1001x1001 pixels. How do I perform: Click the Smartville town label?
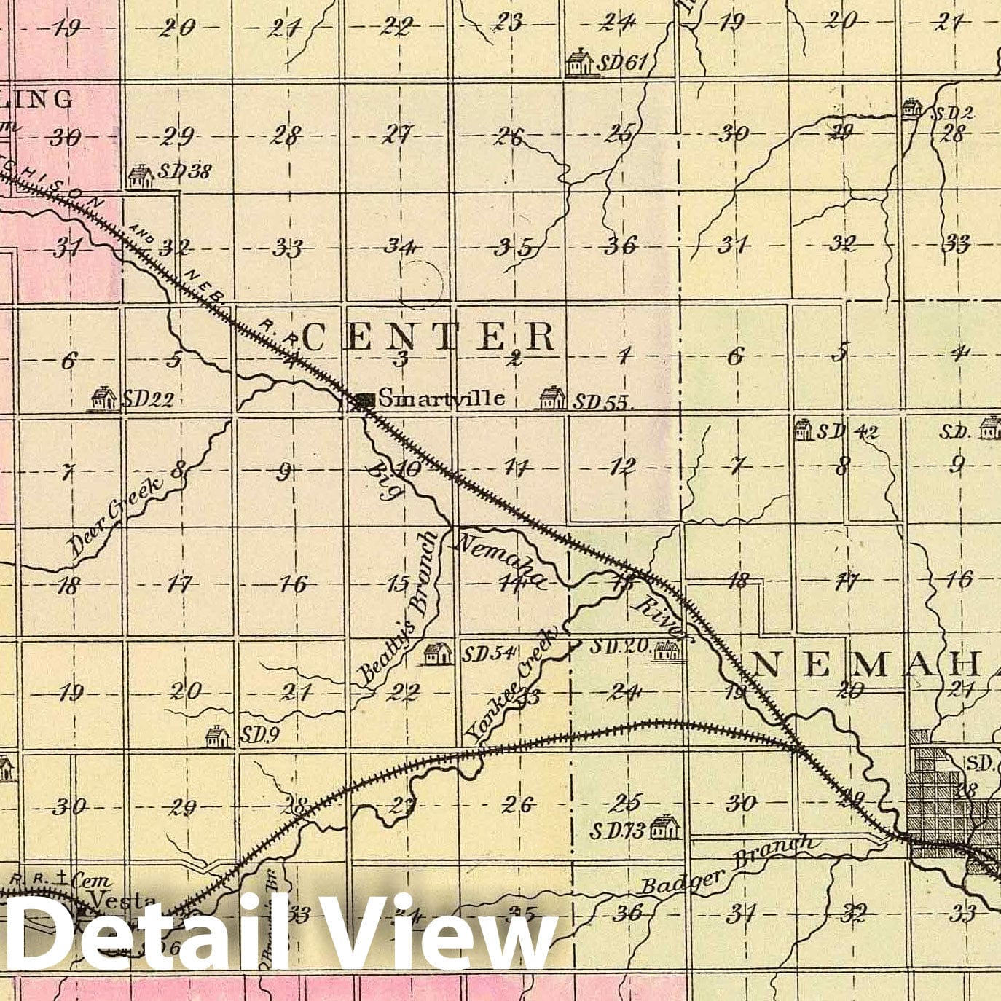(x=441, y=399)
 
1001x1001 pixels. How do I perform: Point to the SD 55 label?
(x=600, y=401)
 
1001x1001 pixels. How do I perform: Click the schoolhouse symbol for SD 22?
(x=104, y=399)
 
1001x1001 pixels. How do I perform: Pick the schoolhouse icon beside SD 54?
(x=438, y=653)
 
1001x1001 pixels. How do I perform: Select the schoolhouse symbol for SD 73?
(x=664, y=827)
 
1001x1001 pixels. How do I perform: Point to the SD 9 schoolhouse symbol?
(x=217, y=737)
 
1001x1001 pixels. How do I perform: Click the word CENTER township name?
(x=429, y=337)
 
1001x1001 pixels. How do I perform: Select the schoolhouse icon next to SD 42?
(x=803, y=429)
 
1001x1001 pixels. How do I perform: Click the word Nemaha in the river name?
(x=502, y=560)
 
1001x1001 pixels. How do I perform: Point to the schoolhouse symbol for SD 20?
(x=666, y=650)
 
